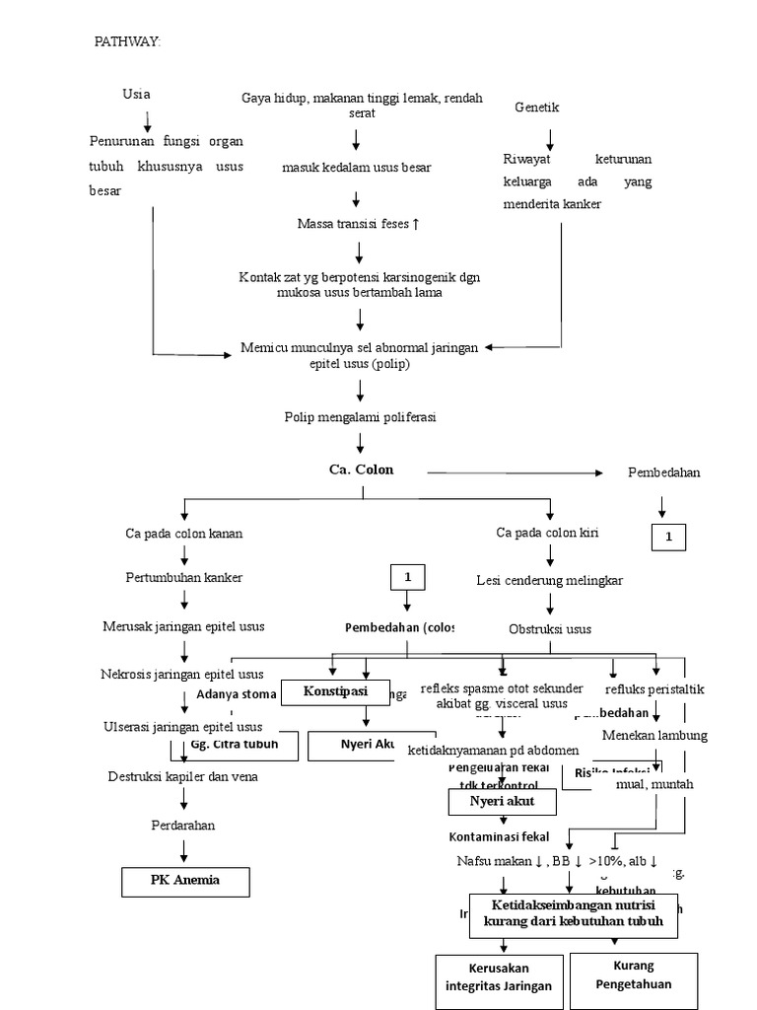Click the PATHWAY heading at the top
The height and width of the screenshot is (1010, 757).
(127, 41)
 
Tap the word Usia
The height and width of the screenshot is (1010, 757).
(136, 95)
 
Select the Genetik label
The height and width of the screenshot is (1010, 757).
(537, 108)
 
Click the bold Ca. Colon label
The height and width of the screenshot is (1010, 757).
(361, 469)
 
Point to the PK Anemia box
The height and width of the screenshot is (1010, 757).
(185, 880)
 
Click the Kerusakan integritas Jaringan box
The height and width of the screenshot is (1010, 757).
(499, 980)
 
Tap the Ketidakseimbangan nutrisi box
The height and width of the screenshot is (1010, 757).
(575, 913)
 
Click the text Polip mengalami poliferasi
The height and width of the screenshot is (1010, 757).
(360, 417)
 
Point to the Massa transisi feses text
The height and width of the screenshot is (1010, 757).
(359, 224)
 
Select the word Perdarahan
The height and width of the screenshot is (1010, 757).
(182, 825)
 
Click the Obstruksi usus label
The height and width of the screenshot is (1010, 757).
(549, 628)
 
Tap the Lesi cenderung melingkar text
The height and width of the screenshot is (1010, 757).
(549, 580)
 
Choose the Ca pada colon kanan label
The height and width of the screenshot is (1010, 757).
(183, 534)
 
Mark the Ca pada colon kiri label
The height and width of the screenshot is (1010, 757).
(547, 533)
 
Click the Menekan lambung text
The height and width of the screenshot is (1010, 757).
(654, 735)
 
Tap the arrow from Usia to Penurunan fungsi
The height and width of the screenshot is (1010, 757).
(148, 121)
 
